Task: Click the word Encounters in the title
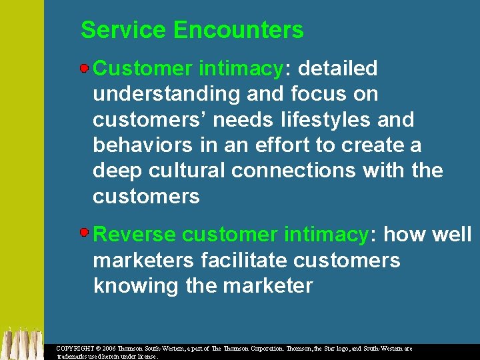[x=238, y=30]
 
